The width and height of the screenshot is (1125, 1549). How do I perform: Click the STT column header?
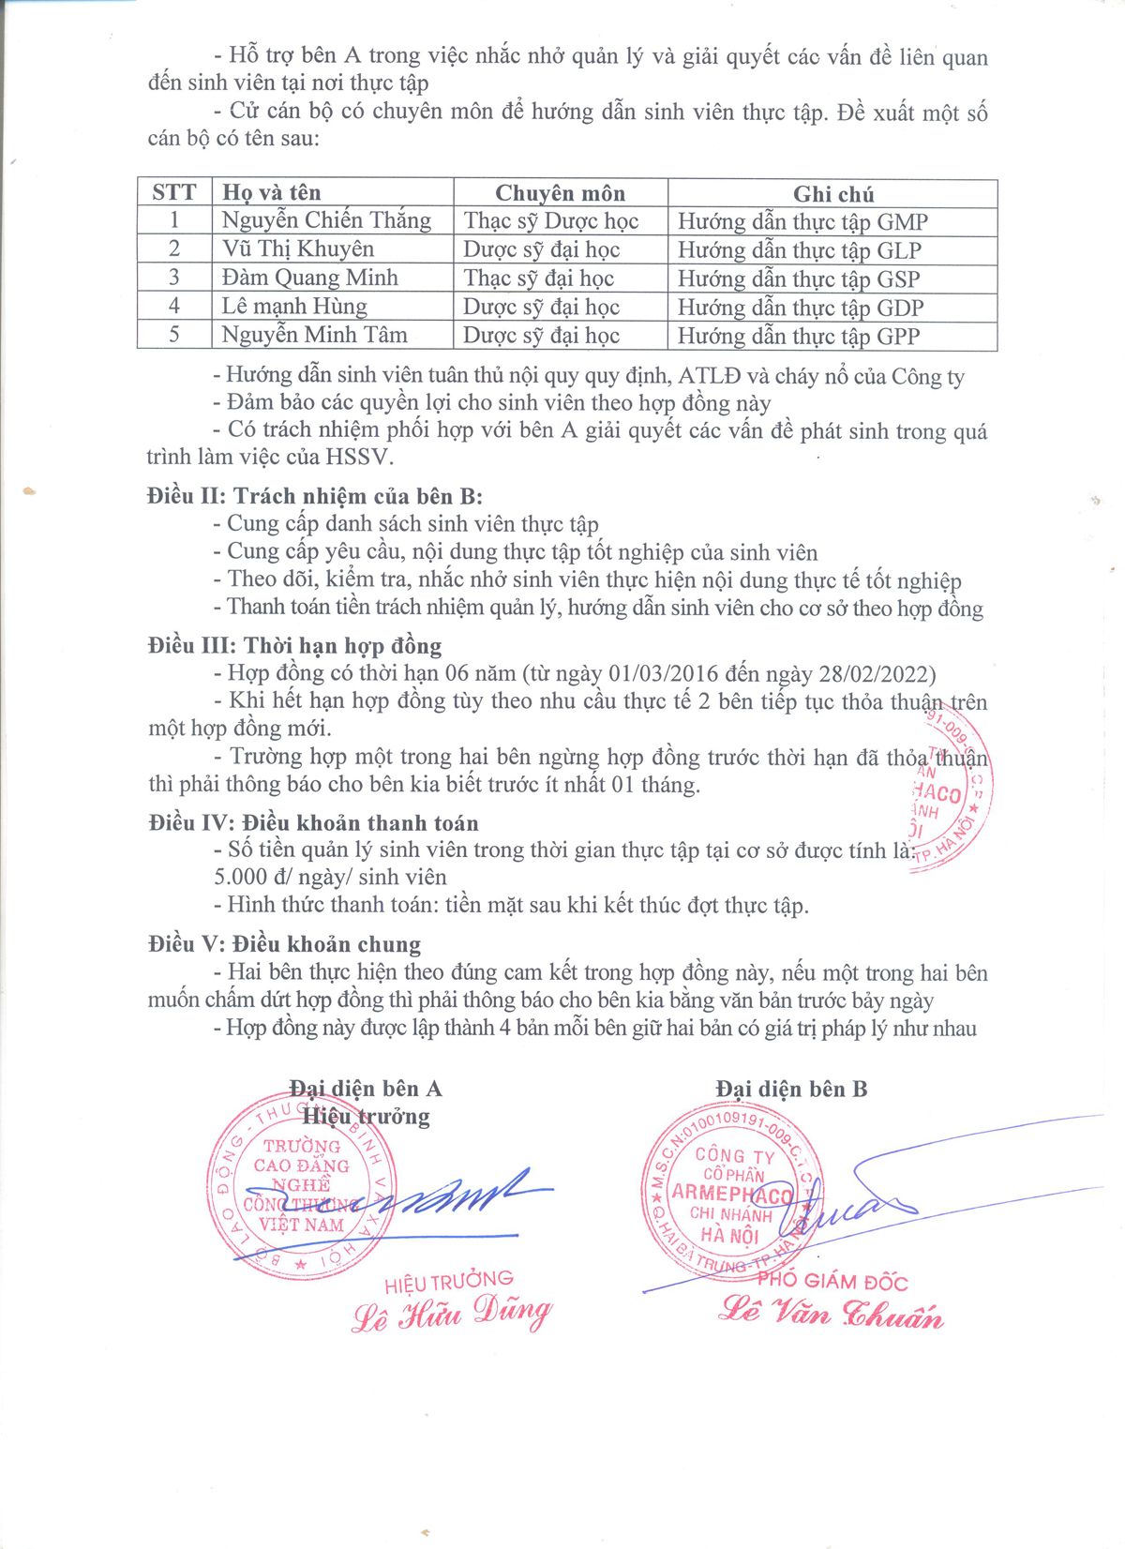point(174,192)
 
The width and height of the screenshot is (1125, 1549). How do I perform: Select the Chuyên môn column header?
point(560,193)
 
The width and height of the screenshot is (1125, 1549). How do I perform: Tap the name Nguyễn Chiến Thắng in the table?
point(326,220)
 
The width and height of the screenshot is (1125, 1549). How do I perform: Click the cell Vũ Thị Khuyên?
point(298,248)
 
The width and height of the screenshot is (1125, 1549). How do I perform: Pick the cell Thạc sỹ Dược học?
point(551,221)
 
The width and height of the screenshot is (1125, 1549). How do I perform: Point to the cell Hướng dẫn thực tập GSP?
point(799,278)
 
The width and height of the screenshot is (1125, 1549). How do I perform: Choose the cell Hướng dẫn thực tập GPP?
point(799,336)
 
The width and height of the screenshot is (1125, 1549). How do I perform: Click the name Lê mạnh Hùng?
point(294,307)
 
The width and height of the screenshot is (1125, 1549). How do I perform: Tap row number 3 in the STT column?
point(174,278)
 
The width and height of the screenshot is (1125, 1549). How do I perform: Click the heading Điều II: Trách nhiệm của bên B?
point(315,496)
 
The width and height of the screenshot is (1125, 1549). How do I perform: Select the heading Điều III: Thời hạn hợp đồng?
point(295,645)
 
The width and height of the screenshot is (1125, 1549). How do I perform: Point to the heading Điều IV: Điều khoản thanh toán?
point(313,822)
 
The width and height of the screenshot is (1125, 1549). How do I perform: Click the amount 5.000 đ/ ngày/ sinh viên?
point(330,877)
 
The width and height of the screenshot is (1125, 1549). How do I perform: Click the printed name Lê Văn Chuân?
point(831,1313)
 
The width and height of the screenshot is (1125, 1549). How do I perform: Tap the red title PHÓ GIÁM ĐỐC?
point(832,1281)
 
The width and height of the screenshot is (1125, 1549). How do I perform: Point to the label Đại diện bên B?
point(791,1089)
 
